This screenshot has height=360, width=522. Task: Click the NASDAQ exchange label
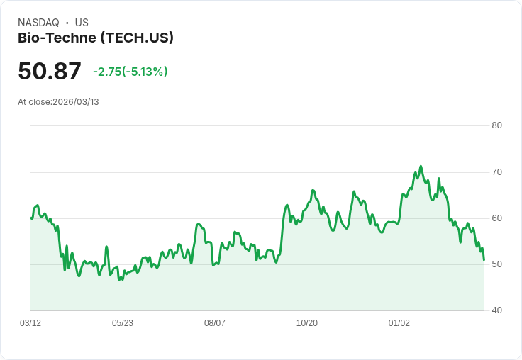[x=38, y=23]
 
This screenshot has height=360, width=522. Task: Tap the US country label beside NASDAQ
[x=82, y=23]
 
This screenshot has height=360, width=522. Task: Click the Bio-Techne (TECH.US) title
[x=96, y=38]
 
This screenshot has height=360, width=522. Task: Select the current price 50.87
[x=50, y=71]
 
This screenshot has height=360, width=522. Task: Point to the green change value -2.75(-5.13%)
[x=130, y=72]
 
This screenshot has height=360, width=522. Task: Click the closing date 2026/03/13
[x=76, y=102]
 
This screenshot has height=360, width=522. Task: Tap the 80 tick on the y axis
[x=496, y=125]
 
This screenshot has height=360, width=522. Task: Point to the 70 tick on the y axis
[x=496, y=171]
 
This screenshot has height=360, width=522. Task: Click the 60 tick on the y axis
[x=496, y=218]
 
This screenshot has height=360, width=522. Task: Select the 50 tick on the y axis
[x=496, y=264]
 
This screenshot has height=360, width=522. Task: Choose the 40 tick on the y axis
[x=496, y=310]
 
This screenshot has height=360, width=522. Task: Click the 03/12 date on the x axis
[x=30, y=322]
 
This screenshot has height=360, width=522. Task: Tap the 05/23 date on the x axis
[x=123, y=322]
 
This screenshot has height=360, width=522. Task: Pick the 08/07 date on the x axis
[x=215, y=322]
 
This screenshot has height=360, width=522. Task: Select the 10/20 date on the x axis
[x=307, y=322]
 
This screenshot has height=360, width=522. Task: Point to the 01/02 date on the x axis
[x=399, y=322]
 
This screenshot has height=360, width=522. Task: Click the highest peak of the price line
[x=421, y=167]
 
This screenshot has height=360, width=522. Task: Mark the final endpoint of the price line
[x=484, y=260]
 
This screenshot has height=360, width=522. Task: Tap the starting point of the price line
[x=31, y=218]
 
